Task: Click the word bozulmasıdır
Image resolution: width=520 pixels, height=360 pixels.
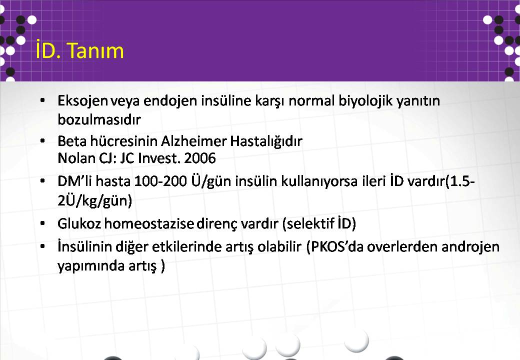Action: [99, 119]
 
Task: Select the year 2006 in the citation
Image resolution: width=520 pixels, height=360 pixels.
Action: [200, 158]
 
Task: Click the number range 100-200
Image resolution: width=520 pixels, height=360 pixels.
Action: [161, 181]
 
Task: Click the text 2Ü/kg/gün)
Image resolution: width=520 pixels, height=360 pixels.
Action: [95, 200]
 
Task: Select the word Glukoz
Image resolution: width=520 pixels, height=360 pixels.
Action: [79, 223]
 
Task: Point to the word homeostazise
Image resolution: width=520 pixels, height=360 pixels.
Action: [149, 223]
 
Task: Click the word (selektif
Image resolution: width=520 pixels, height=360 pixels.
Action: [308, 223]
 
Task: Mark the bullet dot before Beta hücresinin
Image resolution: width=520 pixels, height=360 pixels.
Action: [42, 141]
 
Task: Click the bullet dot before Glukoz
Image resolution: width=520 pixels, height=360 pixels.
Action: [42, 224]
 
